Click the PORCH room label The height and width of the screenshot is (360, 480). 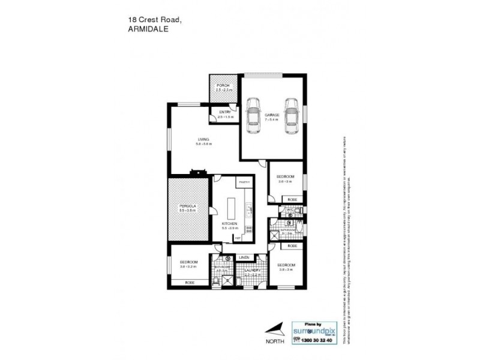tap(223, 86)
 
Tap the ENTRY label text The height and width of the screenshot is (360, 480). tap(225, 112)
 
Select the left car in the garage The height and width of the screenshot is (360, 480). tap(252, 116)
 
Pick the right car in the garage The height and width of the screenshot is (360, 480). tap(291, 116)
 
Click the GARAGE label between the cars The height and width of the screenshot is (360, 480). tap(272, 115)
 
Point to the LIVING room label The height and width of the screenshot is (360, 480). tap(203, 139)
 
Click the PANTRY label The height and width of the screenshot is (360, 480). tap(244, 181)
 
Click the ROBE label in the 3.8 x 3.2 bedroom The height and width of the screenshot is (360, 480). tap(190, 282)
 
